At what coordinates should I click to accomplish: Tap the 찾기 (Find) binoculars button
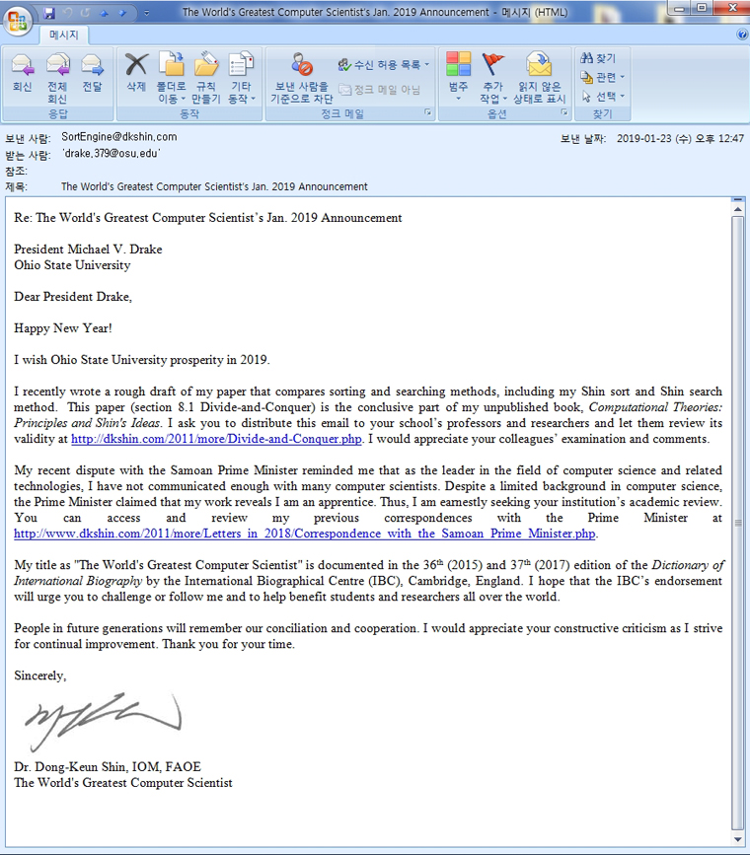[x=599, y=59]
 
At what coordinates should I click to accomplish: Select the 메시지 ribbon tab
[x=64, y=35]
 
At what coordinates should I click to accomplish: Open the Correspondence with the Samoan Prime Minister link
[x=305, y=534]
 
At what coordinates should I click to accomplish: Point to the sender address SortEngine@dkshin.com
[x=118, y=137]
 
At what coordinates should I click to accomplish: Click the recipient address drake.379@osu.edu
[x=111, y=154]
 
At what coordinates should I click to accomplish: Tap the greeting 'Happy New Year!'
[x=63, y=328]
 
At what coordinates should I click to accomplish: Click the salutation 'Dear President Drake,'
[x=73, y=297]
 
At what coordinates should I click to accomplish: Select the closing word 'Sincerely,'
[x=40, y=676]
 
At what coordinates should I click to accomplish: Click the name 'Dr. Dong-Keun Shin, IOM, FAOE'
[x=108, y=766]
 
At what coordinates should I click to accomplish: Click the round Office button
[x=17, y=20]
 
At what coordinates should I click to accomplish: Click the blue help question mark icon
[x=742, y=35]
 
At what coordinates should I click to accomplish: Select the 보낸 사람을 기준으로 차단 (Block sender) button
[x=302, y=79]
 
